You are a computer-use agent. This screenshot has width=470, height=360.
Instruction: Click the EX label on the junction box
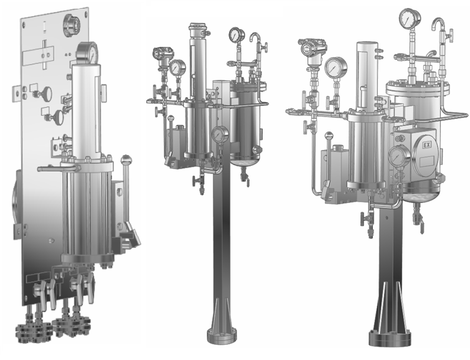(426, 146)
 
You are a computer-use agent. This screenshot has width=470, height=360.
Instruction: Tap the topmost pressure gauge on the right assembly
(410, 19)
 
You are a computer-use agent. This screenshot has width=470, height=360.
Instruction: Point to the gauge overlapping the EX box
(399, 156)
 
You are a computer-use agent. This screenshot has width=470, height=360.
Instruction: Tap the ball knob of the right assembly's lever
(329, 136)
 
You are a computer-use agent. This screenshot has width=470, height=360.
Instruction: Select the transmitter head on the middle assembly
(162, 54)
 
